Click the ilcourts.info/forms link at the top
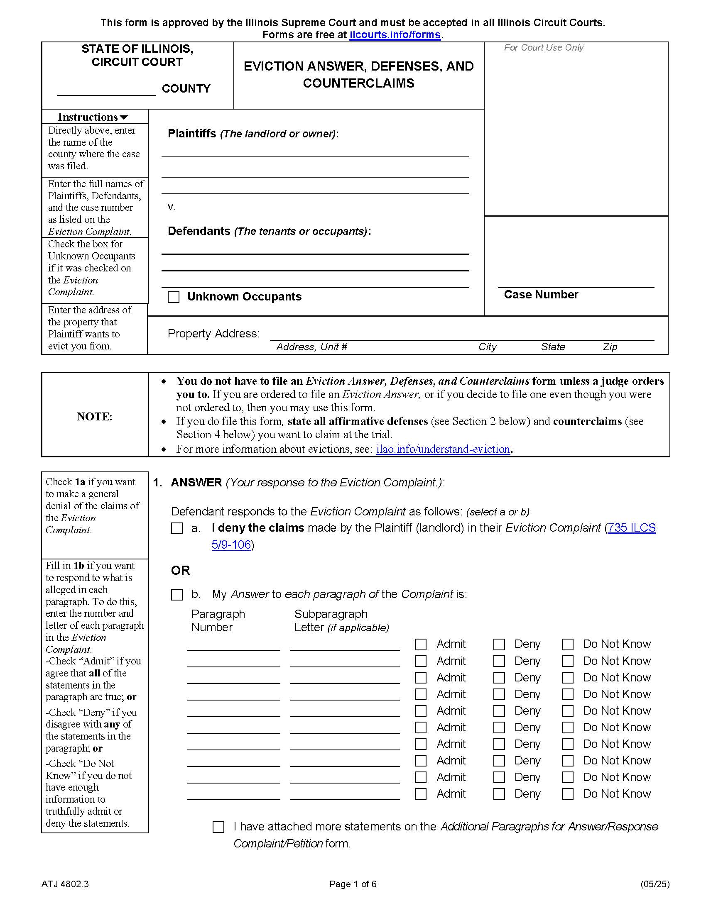395,35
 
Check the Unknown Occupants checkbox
174,297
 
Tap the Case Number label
540,295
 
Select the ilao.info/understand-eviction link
443,449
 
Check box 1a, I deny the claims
177,528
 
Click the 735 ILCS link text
632,527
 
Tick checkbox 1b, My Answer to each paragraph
177,594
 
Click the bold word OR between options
180,570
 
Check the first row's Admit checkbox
420,644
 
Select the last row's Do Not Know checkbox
567,794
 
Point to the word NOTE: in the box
95,416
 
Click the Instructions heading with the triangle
93,117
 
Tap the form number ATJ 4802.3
65,884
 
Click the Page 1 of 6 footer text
353,884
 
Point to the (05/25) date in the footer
655,884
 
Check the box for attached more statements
218,827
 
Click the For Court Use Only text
543,48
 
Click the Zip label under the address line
610,347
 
